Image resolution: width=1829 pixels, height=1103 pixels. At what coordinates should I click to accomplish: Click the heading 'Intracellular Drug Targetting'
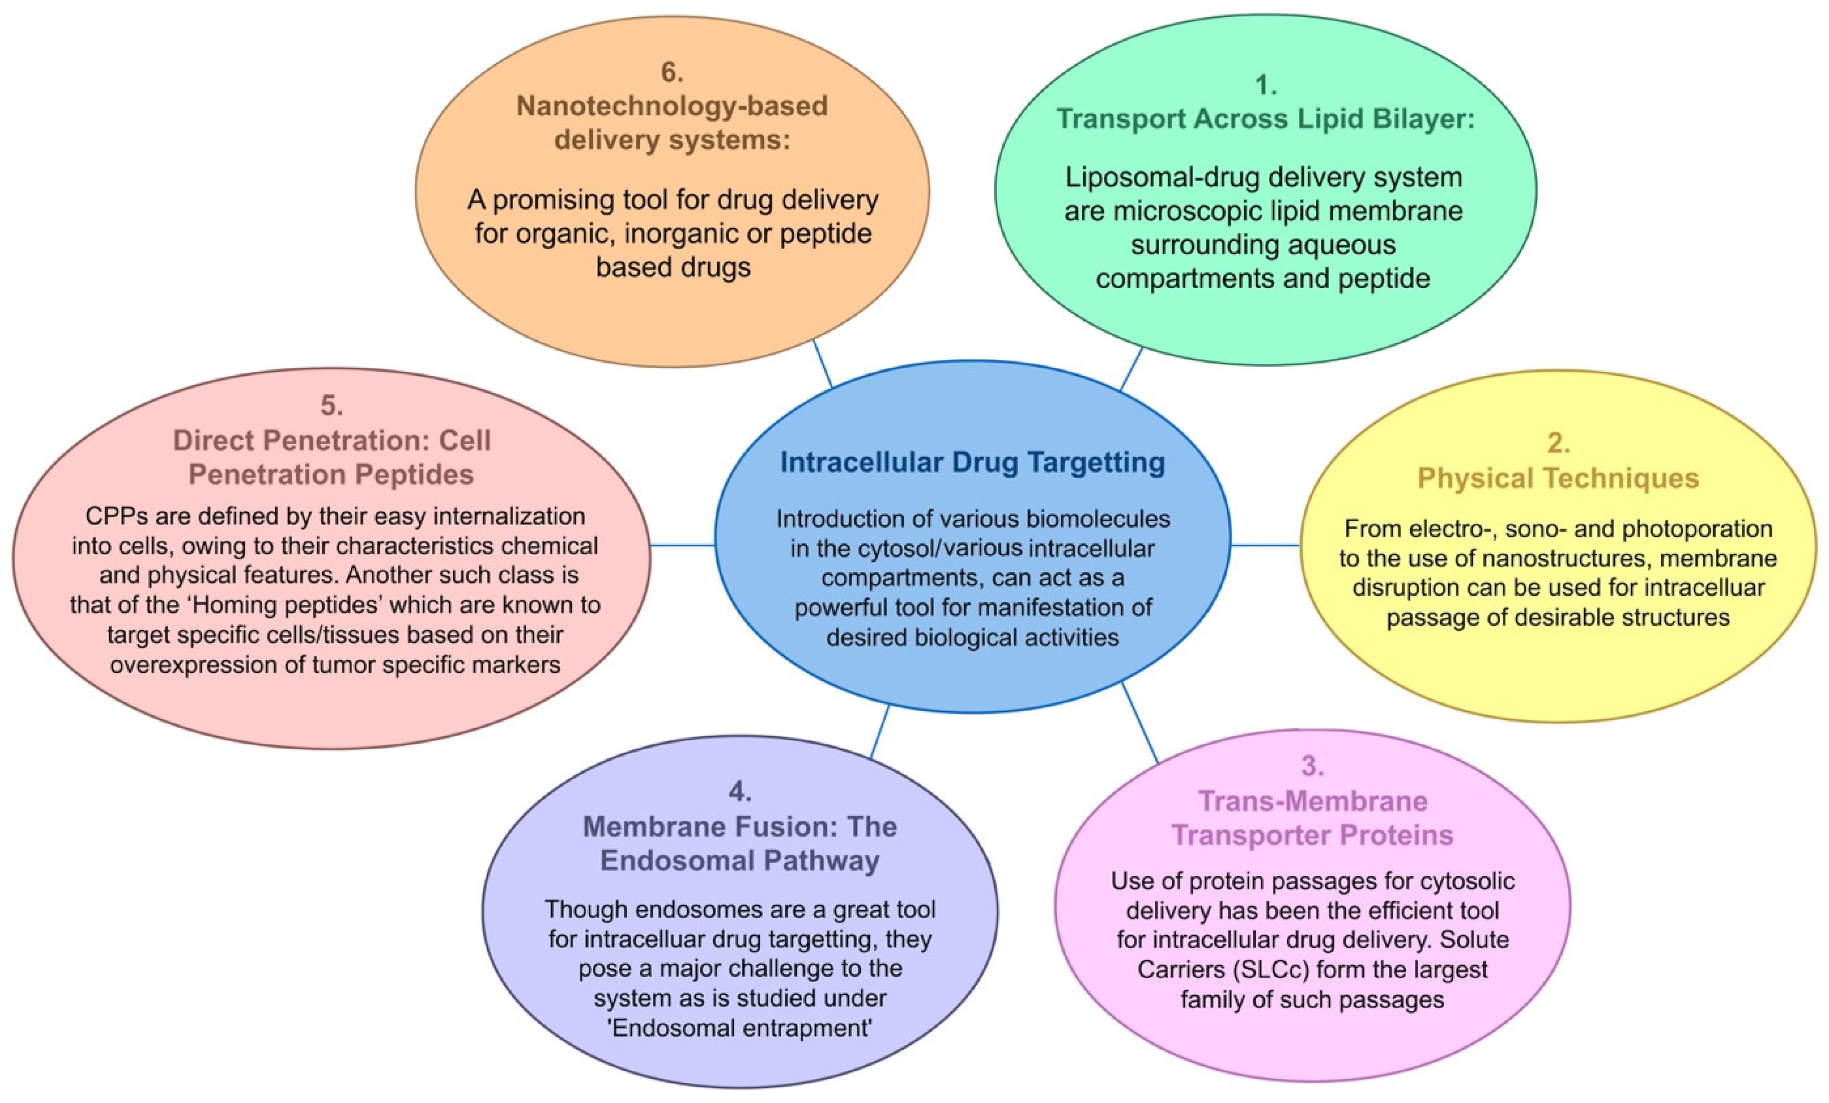coord(973,463)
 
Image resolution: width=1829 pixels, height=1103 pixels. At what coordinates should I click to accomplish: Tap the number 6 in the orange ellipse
coord(672,72)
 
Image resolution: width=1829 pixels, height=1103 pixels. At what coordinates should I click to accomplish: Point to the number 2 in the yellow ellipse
coord(1558,443)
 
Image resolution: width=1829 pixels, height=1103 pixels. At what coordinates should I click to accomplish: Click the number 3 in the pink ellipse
coord(1312,766)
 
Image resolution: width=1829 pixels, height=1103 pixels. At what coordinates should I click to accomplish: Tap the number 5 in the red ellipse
coord(331,405)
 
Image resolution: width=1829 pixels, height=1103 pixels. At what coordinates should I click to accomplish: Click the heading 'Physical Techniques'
coord(1558,478)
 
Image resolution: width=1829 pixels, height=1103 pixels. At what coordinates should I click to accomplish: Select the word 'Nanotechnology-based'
coord(672,106)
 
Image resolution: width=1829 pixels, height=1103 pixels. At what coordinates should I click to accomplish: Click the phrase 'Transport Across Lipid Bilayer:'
coord(1266,119)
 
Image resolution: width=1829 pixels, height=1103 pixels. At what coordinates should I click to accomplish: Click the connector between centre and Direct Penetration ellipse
coord(683,546)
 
